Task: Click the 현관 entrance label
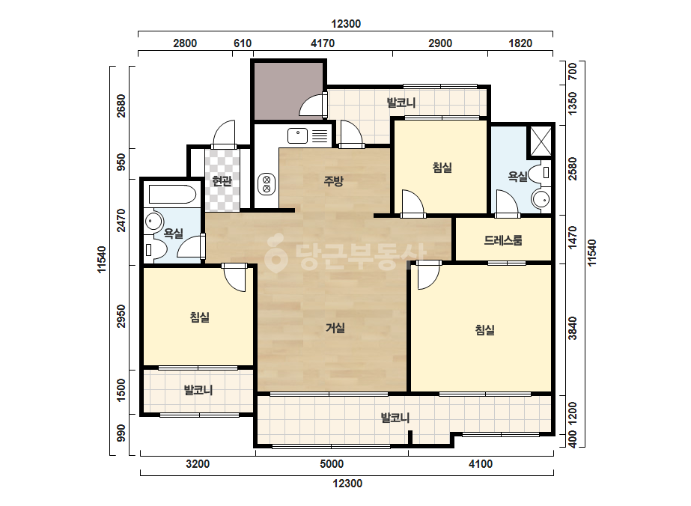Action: pos(222,180)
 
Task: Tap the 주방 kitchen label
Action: pos(334,180)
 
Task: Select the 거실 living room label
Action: pos(335,328)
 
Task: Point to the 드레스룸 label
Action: pos(503,240)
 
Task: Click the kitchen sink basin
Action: pos(297,135)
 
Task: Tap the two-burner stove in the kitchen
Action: pos(267,184)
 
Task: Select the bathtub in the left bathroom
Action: pos(172,195)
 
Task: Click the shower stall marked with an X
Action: pos(541,141)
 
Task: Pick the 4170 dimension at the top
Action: pos(323,43)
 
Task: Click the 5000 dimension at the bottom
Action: pos(332,463)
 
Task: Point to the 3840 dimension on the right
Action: pos(573,328)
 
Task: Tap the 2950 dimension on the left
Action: pos(121,316)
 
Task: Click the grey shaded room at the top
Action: pos(289,91)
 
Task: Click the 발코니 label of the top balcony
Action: pos(401,103)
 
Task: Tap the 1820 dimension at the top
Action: pos(520,43)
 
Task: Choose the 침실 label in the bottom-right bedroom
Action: pos(485,329)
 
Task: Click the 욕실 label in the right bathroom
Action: pos(518,177)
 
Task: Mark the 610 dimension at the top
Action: pos(243,43)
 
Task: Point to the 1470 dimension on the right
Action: pos(573,237)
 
